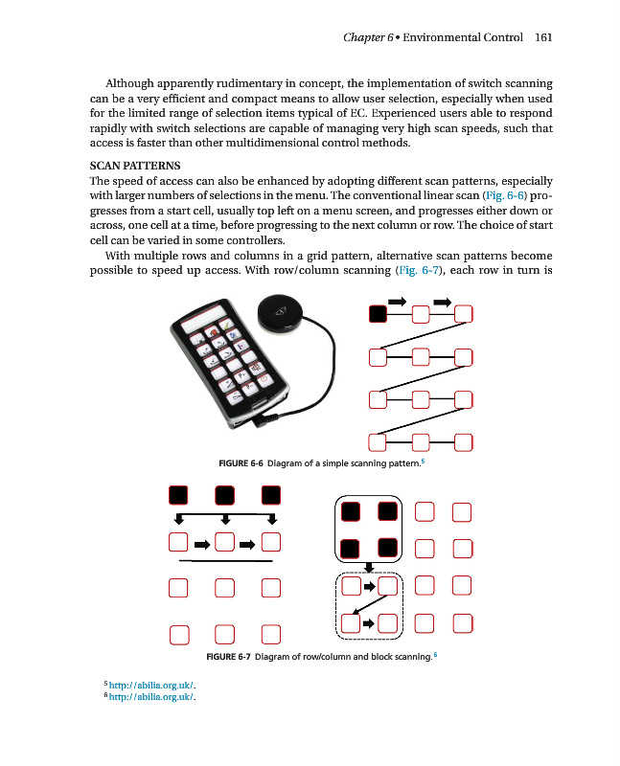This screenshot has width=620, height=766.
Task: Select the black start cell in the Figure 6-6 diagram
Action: (x=379, y=313)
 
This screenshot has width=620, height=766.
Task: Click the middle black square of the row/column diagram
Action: (x=225, y=494)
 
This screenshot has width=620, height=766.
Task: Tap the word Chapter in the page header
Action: (x=364, y=37)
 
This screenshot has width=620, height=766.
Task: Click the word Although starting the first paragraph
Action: (x=135, y=83)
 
